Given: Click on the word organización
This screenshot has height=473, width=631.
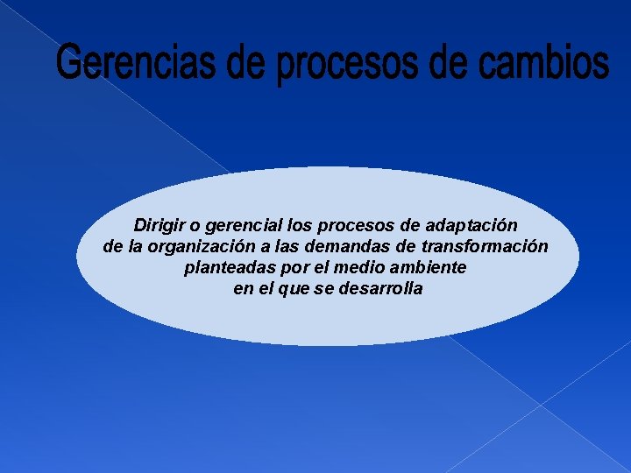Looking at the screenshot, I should click(212, 247).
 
